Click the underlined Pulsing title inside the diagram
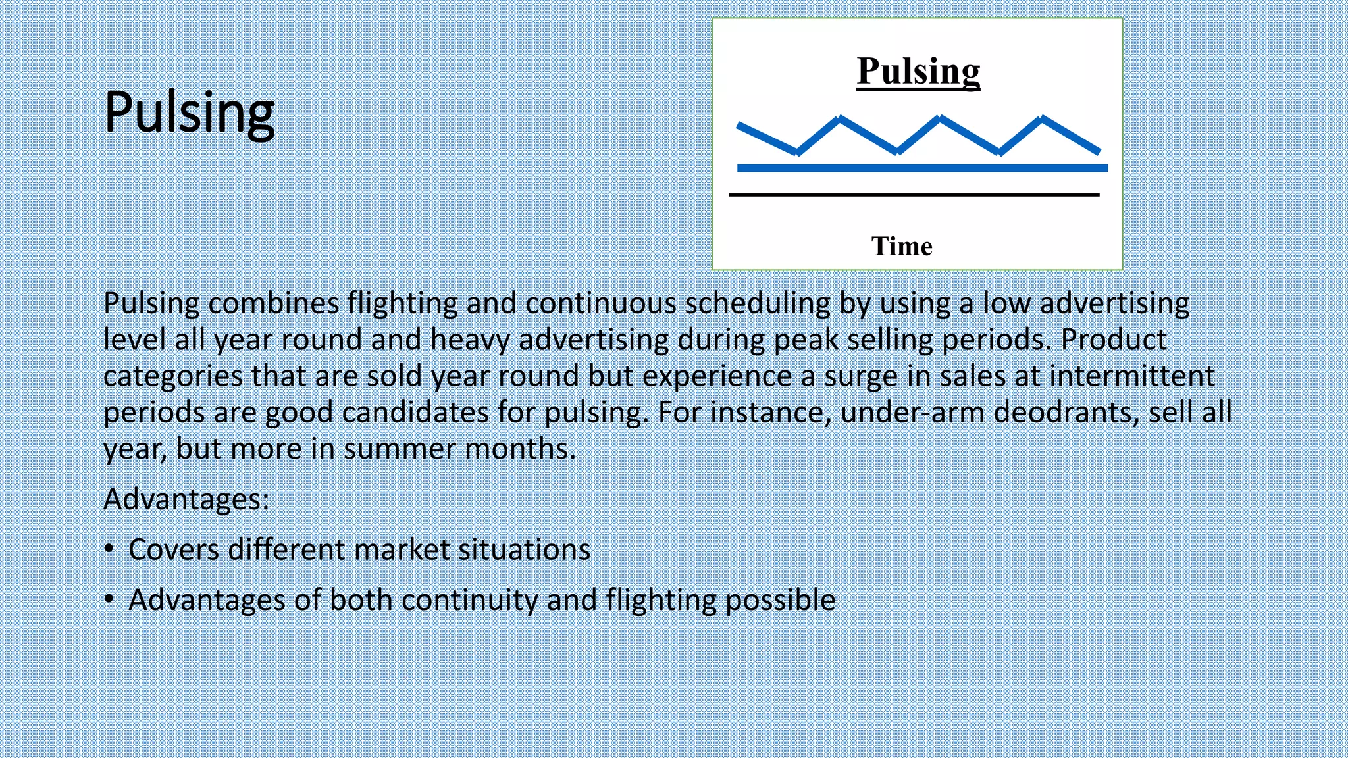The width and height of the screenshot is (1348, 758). [918, 71]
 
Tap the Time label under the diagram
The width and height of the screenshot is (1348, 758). [902, 246]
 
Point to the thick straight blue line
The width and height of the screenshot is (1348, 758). [921, 168]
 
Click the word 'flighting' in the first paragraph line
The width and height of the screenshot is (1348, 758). [402, 303]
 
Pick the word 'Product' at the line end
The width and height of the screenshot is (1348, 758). [1114, 340]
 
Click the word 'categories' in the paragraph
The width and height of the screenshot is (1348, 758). [173, 376]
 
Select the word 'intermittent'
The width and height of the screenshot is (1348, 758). [1131, 376]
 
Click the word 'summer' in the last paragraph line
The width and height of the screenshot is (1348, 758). [400, 449]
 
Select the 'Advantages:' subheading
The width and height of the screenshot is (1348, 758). [186, 499]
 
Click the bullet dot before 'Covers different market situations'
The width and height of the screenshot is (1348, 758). [109, 549]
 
